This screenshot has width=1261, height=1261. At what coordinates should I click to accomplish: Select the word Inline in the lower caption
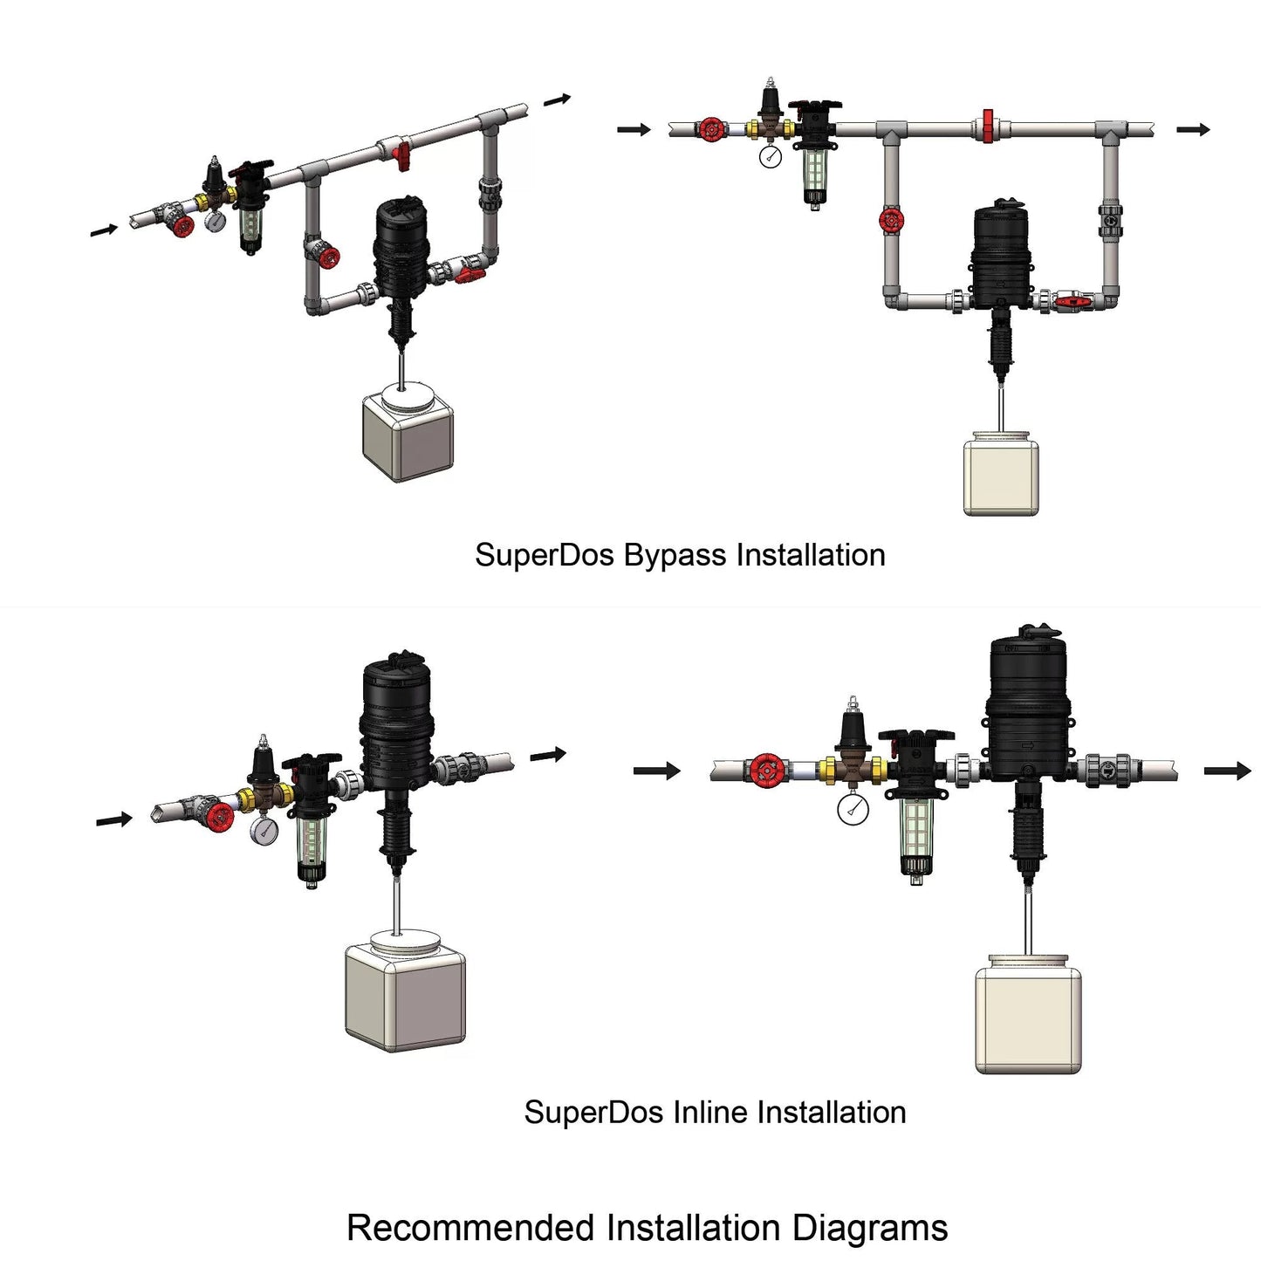709,1113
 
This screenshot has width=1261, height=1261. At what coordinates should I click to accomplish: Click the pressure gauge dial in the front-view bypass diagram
771,156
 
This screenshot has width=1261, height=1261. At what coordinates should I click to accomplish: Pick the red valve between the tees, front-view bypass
988,126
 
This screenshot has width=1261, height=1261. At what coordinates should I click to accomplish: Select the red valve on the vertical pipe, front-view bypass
891,220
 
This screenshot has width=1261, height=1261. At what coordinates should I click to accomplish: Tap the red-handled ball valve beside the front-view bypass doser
1068,303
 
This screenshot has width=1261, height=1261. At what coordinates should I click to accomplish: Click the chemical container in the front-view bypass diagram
1001,476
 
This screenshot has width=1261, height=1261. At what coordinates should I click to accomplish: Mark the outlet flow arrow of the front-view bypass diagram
1193,130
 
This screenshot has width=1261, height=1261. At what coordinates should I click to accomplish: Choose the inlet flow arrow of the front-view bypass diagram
634,130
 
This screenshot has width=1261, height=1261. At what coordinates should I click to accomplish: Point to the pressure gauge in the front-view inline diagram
853,809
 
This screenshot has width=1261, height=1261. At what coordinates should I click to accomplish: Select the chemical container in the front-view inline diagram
1028,1017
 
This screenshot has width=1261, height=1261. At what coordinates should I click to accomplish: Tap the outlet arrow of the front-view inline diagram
1227,771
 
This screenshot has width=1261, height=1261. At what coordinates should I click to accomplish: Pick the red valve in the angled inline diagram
218,817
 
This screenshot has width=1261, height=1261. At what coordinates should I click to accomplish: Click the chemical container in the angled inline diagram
405,993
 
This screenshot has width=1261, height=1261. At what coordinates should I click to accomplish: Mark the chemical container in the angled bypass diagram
408,435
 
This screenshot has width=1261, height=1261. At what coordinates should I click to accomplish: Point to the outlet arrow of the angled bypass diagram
557,100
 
